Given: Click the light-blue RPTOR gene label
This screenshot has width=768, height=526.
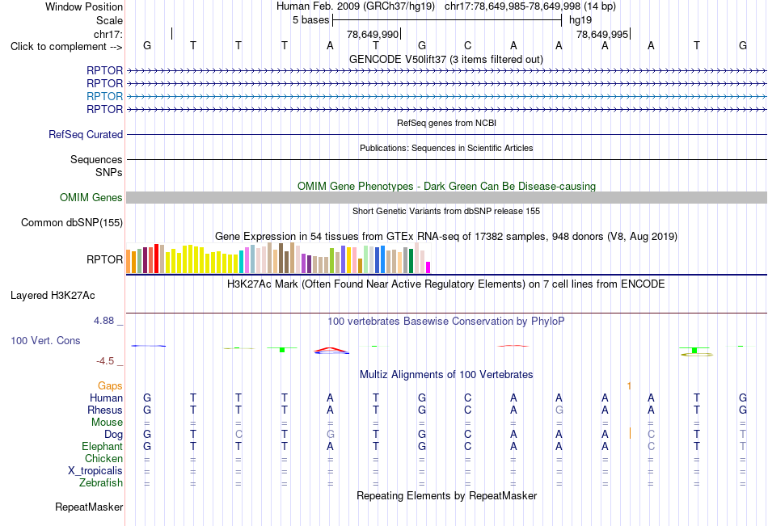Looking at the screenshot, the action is point(104,96).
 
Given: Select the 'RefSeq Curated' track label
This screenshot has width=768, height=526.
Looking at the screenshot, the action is point(85,134).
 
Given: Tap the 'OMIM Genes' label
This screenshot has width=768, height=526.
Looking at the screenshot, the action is point(91,197).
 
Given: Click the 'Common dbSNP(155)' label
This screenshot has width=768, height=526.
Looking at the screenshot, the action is point(71,222).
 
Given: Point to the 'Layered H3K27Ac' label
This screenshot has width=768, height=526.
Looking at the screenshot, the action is point(53,296).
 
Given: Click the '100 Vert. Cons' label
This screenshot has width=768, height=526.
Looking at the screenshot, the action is point(45,340).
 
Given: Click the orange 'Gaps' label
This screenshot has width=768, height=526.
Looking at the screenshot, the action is point(110,386).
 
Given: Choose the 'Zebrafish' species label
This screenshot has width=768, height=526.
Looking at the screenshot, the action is point(101,482).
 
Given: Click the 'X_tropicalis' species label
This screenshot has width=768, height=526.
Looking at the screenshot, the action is point(95,471).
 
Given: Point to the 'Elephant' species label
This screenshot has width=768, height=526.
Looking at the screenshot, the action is point(102,446).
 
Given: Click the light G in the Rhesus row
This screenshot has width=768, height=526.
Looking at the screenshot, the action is point(559,410).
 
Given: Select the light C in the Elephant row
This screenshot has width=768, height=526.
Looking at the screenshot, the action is point(651,446).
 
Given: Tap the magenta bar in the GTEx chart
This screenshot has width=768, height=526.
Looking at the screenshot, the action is point(428,267).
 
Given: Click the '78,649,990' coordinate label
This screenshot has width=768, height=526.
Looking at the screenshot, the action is point(372,34).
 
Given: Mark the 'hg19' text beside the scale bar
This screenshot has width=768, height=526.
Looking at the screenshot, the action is point(580,20).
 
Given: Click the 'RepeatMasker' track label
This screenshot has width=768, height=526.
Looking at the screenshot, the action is point(89,507).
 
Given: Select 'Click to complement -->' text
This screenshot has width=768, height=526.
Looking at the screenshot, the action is point(66,47).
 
